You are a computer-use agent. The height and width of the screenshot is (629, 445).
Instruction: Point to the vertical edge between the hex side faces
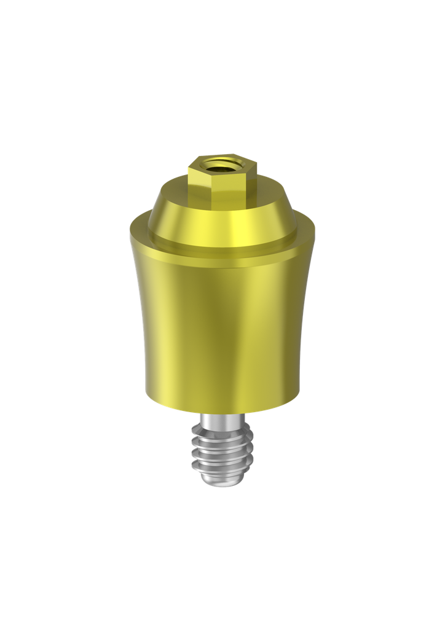point(215,179)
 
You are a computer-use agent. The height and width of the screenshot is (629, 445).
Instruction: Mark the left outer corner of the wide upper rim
point(130,233)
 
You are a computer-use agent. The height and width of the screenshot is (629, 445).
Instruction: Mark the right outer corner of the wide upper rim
point(315,233)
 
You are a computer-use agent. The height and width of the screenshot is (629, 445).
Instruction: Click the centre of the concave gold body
point(222,326)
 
